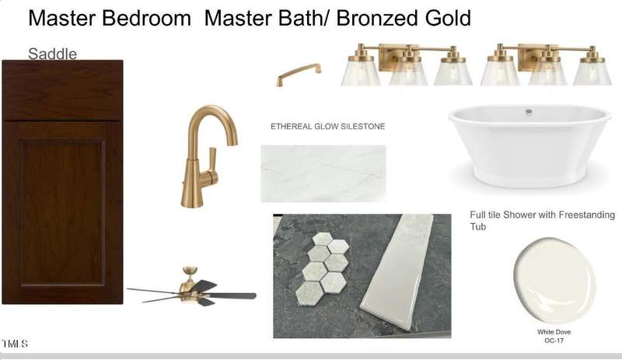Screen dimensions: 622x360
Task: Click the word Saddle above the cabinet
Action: [52, 54]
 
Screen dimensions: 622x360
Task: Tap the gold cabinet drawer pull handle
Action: [299, 74]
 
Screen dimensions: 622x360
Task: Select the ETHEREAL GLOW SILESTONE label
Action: [327, 126]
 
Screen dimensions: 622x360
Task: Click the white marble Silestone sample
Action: [323, 173]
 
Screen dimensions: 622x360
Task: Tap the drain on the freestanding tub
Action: [529, 112]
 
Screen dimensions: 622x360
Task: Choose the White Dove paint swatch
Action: [554, 281]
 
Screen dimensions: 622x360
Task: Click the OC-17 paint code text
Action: [554, 341]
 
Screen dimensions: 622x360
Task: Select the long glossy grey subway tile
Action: [397, 273]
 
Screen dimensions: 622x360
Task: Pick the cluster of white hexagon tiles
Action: [323, 269]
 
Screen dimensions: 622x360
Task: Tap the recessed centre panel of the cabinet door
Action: [63, 212]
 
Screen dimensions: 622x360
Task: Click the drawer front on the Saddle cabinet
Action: [62, 90]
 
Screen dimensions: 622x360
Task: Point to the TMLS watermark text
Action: [15, 344]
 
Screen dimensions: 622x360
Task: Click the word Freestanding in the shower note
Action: [587, 215]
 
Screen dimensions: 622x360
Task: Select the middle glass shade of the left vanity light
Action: [408, 72]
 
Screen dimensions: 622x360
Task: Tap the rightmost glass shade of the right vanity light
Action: [592, 72]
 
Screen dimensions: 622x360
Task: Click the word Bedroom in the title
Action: [146, 18]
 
